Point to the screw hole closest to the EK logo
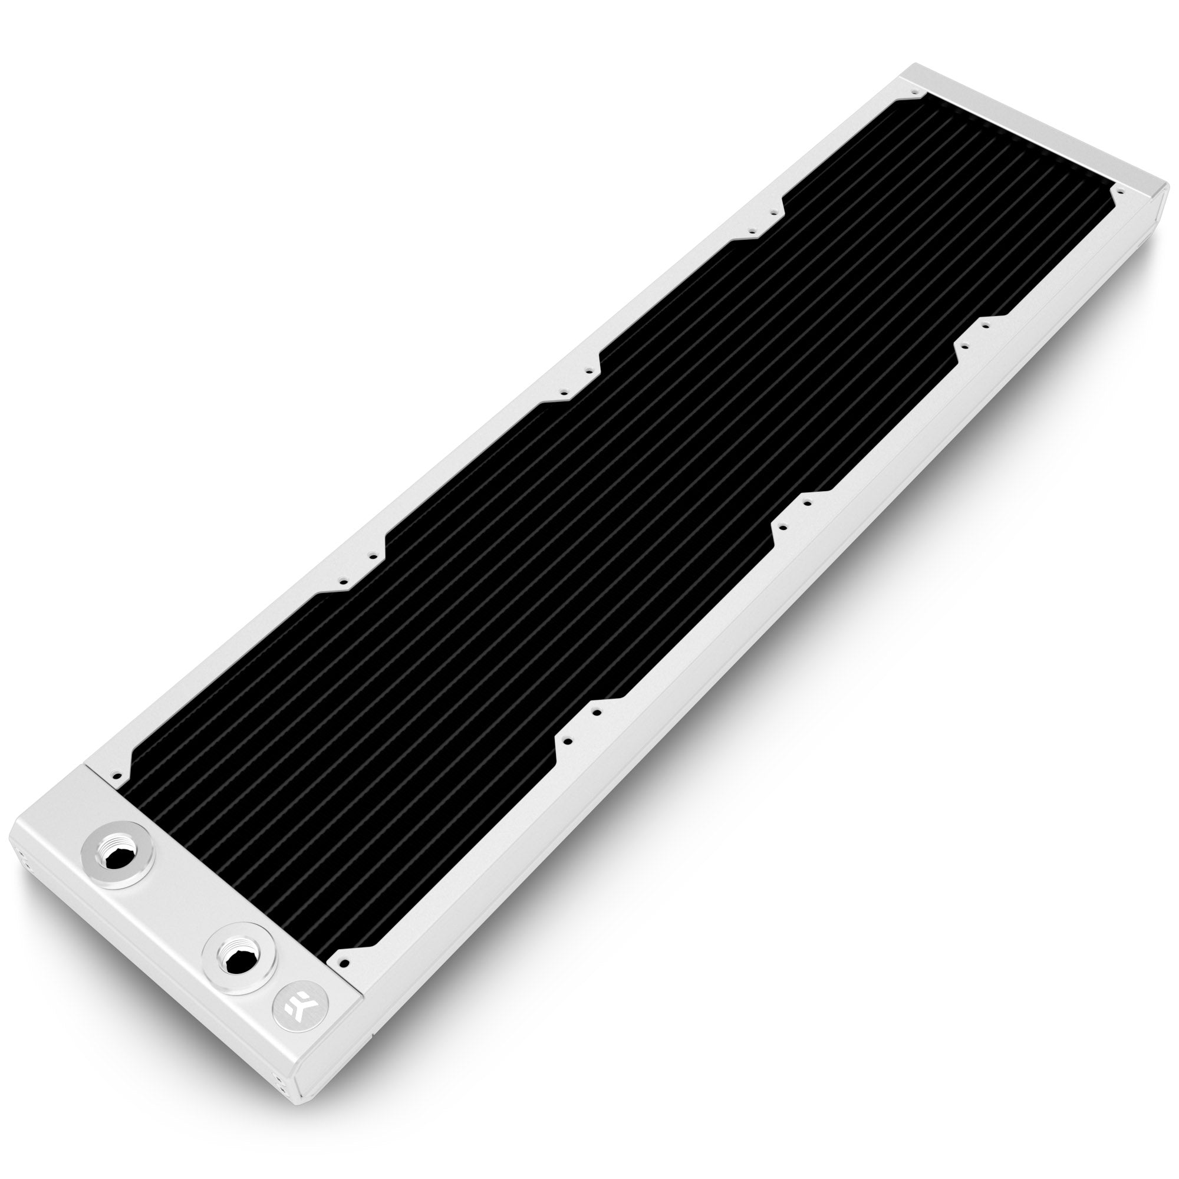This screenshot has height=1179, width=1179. point(345,964)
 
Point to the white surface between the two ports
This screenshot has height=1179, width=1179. point(177,915)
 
